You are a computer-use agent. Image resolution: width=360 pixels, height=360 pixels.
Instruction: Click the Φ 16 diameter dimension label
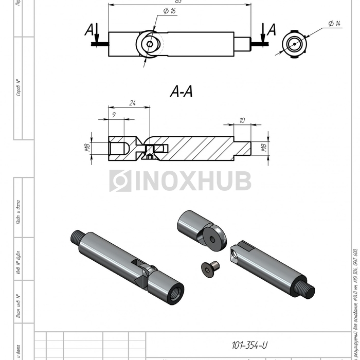click(x=169, y=11)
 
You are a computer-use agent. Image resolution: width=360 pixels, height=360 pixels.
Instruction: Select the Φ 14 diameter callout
click(x=334, y=24)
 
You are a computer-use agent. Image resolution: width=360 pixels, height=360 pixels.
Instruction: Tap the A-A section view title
click(x=181, y=92)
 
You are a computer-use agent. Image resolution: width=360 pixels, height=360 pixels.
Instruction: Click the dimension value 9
click(x=114, y=116)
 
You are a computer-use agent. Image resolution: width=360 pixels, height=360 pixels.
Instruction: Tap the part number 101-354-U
click(x=249, y=345)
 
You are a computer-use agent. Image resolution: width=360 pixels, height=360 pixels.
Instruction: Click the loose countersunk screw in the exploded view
click(x=210, y=267)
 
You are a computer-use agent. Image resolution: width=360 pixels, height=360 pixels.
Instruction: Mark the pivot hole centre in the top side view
click(x=149, y=44)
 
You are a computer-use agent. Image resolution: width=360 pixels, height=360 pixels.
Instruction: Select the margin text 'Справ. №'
click(x=18, y=87)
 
